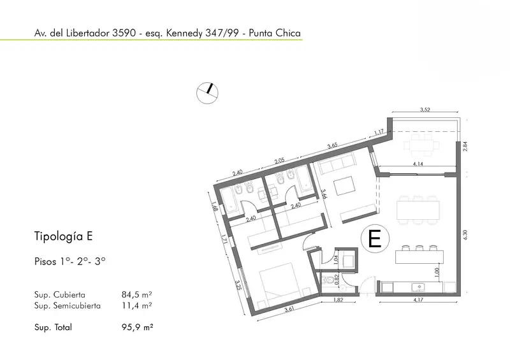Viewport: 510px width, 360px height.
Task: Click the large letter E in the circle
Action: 374,239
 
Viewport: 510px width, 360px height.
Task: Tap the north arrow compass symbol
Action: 207,93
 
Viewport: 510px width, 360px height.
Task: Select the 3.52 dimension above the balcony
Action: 425,110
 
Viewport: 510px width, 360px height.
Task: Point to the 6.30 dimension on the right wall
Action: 465,235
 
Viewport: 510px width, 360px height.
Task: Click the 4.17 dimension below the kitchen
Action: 418,299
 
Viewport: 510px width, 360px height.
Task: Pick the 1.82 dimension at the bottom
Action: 339,299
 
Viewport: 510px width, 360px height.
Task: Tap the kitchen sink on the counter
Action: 418,287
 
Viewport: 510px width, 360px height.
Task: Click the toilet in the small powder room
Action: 328,279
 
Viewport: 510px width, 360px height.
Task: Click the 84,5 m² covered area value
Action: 136,294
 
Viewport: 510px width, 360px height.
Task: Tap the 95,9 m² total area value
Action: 137,327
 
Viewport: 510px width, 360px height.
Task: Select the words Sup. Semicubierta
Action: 68,306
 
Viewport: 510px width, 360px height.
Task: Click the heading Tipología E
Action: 63,236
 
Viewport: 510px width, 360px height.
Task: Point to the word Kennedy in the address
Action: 184,33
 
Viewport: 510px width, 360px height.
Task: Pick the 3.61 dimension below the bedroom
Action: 289,309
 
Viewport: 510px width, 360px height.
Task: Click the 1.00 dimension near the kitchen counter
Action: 437,272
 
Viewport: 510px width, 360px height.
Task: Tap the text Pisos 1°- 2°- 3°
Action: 70,261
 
